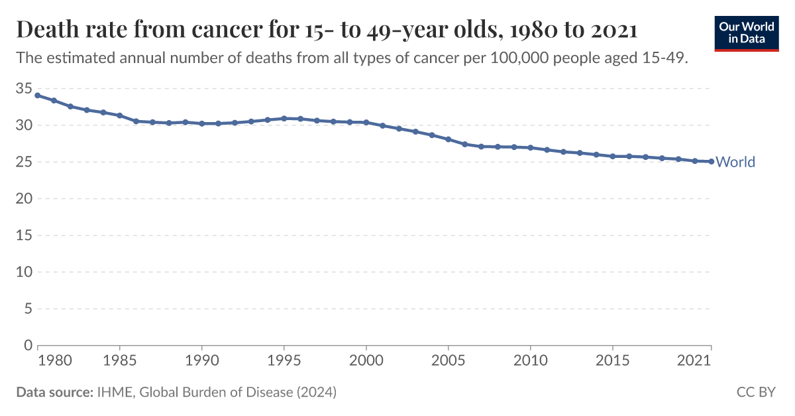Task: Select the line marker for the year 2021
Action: [x=711, y=161]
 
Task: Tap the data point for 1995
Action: [x=284, y=118]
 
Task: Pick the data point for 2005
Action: [x=449, y=139]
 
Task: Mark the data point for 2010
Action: [x=531, y=147]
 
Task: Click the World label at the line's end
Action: [x=735, y=162]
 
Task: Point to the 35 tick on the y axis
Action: [x=23, y=88]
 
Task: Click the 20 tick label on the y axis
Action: [x=23, y=198]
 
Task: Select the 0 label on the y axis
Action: [x=28, y=345]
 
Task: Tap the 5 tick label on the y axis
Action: [x=28, y=309]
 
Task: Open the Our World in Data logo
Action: [x=747, y=33]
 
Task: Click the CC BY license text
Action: [x=756, y=392]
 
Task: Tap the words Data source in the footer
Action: [x=54, y=392]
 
